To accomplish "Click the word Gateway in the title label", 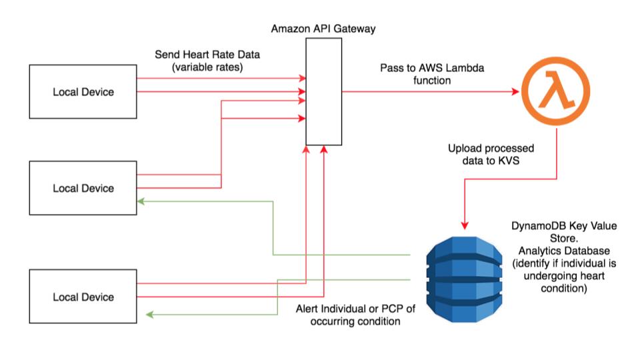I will (358, 29).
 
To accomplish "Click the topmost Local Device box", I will (83, 91).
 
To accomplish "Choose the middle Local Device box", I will (83, 188).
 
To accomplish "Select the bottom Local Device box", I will (83, 297).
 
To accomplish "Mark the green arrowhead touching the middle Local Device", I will (141, 201).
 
